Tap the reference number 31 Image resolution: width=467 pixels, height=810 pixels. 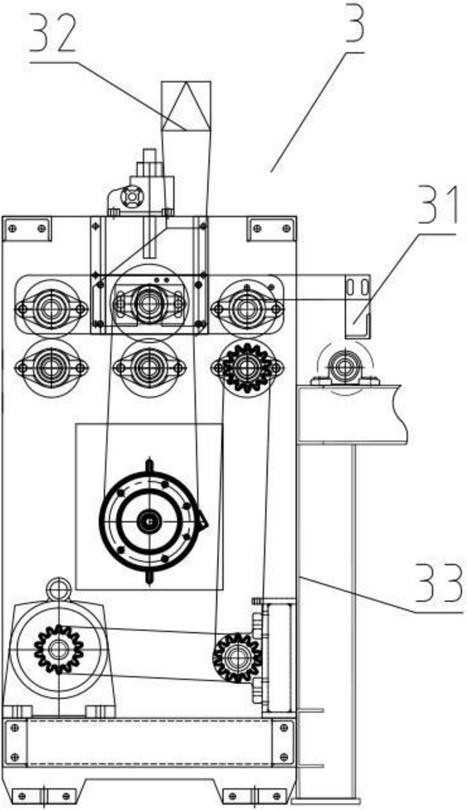pyautogui.click(x=437, y=206)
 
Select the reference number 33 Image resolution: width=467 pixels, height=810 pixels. pyautogui.click(x=439, y=584)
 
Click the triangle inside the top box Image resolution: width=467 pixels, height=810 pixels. pyautogui.click(x=186, y=106)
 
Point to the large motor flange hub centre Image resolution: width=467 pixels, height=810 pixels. pyautogui.click(x=149, y=521)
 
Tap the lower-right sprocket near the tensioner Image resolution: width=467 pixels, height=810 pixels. pyautogui.click(x=237, y=658)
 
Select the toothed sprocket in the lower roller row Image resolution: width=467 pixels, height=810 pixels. pyautogui.click(x=247, y=368)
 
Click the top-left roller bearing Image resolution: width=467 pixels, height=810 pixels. pyautogui.click(x=51, y=309)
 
